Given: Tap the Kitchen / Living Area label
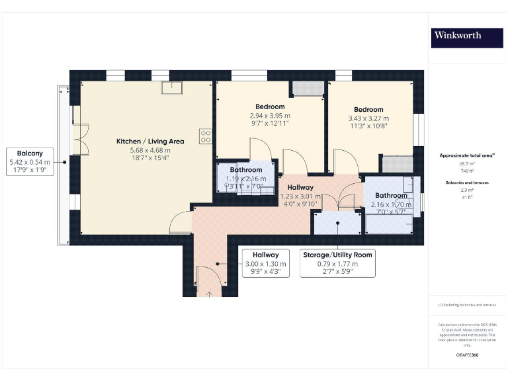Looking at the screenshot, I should [150, 141].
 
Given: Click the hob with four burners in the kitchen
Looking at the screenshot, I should [206, 136].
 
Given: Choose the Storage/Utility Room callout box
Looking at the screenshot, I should [337, 263].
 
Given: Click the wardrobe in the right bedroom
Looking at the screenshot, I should [398, 163].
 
